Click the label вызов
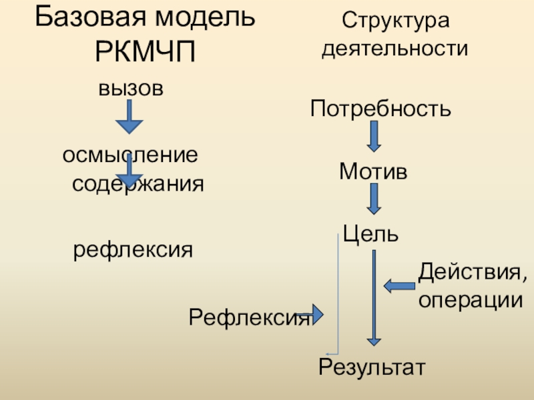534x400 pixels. point(131,88)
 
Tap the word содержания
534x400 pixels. point(138,183)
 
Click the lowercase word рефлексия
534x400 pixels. point(133,251)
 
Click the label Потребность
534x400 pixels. point(380,107)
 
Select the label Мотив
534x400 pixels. point(372,172)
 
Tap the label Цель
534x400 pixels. point(370,233)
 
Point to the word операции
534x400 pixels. point(470,299)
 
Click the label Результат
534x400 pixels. point(371,367)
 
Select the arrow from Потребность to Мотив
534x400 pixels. point(374,137)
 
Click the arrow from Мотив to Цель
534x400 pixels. point(374,199)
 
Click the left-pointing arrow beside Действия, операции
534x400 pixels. point(399,286)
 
